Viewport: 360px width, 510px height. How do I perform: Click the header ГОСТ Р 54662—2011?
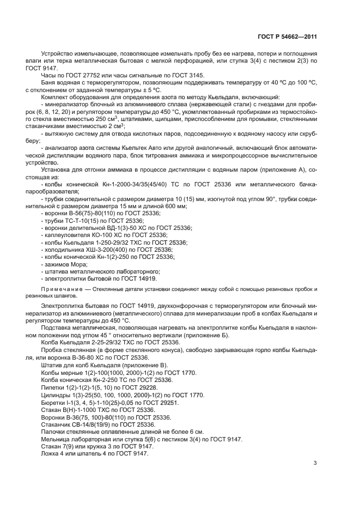point(287,37)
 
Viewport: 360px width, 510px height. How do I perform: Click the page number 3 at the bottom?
point(315,463)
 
